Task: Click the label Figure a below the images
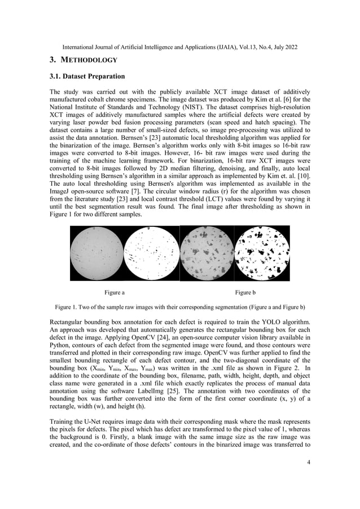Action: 115,292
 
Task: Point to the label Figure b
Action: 245,292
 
